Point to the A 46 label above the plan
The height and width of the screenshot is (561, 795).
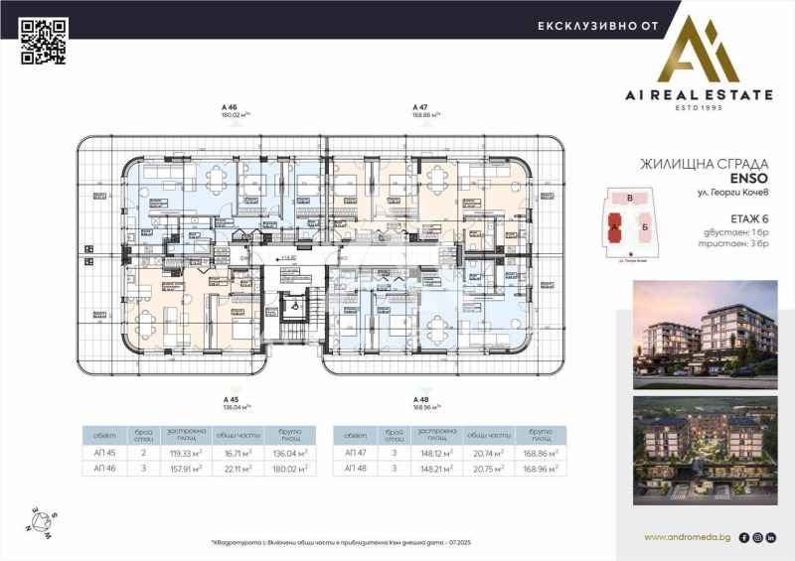230,105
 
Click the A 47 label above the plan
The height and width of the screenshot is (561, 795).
420,105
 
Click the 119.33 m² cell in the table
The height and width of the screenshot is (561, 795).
185,452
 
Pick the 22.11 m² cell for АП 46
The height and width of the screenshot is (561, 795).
236,469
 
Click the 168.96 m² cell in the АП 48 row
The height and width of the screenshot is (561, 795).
536,469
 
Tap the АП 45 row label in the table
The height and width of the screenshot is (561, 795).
105,452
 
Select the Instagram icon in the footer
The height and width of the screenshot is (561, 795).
758,537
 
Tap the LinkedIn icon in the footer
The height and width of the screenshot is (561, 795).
772,537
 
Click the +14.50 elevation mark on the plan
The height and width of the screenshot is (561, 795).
290,257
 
